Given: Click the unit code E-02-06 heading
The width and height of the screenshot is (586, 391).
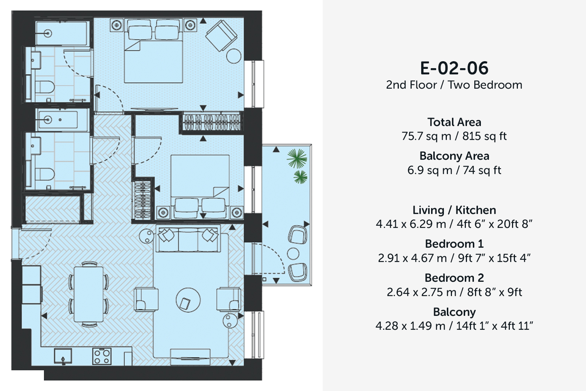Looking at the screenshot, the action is (454, 68).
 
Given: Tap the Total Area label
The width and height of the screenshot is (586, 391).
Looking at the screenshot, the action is (454, 122).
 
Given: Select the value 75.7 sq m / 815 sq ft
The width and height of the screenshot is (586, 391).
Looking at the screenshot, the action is (454, 136).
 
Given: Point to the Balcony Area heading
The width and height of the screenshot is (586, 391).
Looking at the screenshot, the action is (454, 156).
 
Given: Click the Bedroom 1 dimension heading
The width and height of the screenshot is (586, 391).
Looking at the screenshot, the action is (454, 244).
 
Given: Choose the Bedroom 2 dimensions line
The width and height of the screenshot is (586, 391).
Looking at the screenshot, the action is (454, 292).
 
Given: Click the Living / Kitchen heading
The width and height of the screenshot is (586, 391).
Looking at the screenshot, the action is (454, 210).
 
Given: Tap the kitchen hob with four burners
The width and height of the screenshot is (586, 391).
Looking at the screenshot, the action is (102, 356).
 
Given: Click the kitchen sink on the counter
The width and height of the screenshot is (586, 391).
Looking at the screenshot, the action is (63, 356).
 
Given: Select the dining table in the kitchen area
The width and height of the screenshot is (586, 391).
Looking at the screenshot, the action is (89, 294).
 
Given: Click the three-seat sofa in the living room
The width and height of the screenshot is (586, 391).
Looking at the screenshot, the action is (188, 239).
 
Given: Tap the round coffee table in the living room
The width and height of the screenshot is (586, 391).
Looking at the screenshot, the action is (188, 300).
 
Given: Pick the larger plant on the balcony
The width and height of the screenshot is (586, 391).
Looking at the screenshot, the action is (297, 158).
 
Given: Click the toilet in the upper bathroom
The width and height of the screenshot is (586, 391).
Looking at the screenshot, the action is (44, 86).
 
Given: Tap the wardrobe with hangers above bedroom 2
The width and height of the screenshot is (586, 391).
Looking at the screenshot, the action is (212, 122).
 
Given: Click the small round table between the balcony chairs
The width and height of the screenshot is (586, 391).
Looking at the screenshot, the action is (293, 253).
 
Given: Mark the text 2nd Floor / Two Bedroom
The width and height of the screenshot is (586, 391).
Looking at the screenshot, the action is (454, 85).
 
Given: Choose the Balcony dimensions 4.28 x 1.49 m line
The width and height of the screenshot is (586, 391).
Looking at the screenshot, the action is (454, 326).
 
